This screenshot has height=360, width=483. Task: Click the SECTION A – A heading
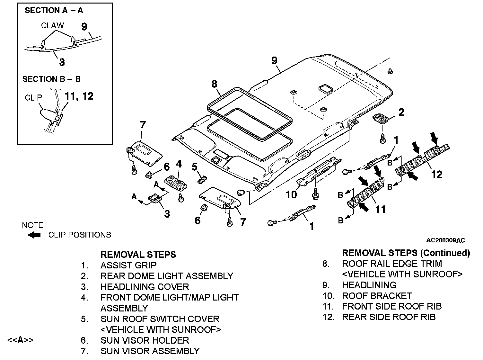point(54,11)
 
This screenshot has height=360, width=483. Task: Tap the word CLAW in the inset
point(52,25)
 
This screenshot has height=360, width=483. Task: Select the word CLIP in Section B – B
point(33,98)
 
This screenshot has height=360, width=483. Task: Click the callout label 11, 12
point(79,96)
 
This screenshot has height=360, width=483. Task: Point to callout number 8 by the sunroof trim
point(215,84)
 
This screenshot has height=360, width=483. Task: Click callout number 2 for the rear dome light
point(401,112)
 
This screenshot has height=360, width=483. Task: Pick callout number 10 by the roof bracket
point(291,195)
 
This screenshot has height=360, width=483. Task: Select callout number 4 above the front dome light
point(179,164)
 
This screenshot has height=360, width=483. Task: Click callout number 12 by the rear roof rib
point(437,174)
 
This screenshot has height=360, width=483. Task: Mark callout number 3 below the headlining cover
point(167,214)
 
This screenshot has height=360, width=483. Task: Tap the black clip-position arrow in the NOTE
point(34,235)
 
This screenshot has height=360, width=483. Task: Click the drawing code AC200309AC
point(445,240)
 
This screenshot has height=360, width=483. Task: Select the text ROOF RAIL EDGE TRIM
point(392,264)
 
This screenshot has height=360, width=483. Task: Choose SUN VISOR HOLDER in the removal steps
point(145,340)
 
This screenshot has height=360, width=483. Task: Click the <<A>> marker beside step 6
point(20,340)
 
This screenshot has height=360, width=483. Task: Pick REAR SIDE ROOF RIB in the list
point(389,317)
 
